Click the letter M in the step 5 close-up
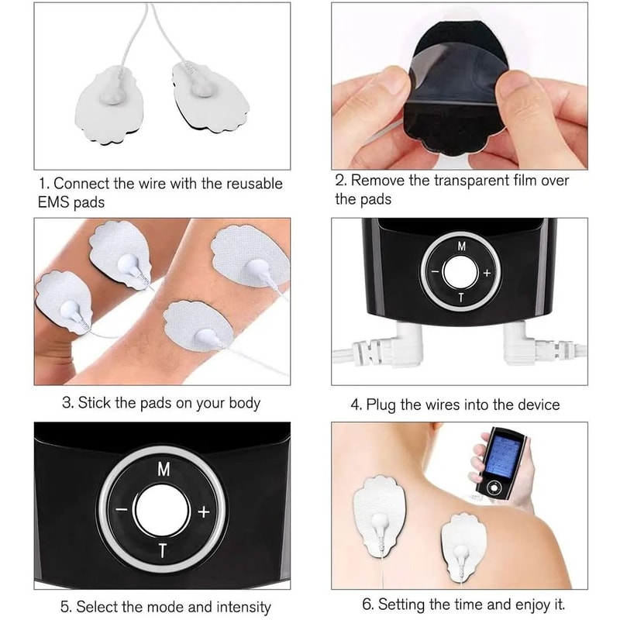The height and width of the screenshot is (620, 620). tap(164, 470)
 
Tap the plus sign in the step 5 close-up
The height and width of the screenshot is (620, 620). tap(204, 511)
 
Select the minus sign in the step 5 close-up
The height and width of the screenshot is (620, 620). tap(122, 511)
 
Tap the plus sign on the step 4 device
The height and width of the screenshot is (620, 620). tap(487, 273)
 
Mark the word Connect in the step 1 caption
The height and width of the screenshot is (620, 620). tap(80, 184)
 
